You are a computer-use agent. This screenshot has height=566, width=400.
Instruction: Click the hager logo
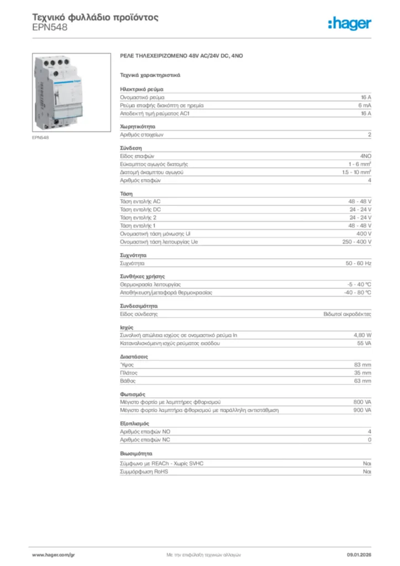pyautogui.click(x=349, y=23)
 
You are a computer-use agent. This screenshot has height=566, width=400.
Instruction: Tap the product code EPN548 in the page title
pyautogui.click(x=50, y=27)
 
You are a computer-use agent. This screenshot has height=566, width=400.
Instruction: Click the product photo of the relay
pyautogui.click(x=58, y=92)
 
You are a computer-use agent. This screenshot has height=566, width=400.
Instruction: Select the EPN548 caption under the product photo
pyautogui.click(x=40, y=138)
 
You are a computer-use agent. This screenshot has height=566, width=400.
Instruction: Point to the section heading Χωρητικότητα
pyautogui.click(x=134, y=126)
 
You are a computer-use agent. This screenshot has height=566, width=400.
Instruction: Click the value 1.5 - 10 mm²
pyautogui.click(x=356, y=172)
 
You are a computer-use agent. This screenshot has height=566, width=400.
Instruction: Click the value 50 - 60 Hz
pyautogui.click(x=358, y=264)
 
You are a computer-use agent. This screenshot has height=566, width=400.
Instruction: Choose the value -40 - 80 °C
pyautogui.click(x=357, y=292)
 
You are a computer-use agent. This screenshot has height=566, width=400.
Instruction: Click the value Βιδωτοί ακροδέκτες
pyautogui.click(x=347, y=314)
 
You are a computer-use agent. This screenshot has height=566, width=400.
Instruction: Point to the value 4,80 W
pyautogui.click(x=362, y=336)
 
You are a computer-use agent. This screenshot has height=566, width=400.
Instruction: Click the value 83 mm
pyautogui.click(x=362, y=365)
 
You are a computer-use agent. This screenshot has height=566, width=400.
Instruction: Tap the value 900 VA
pyautogui.click(x=362, y=411)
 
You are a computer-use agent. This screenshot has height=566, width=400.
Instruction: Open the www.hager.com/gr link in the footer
pyautogui.click(x=53, y=554)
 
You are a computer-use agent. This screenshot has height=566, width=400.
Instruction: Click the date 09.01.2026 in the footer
pyautogui.click(x=359, y=554)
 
